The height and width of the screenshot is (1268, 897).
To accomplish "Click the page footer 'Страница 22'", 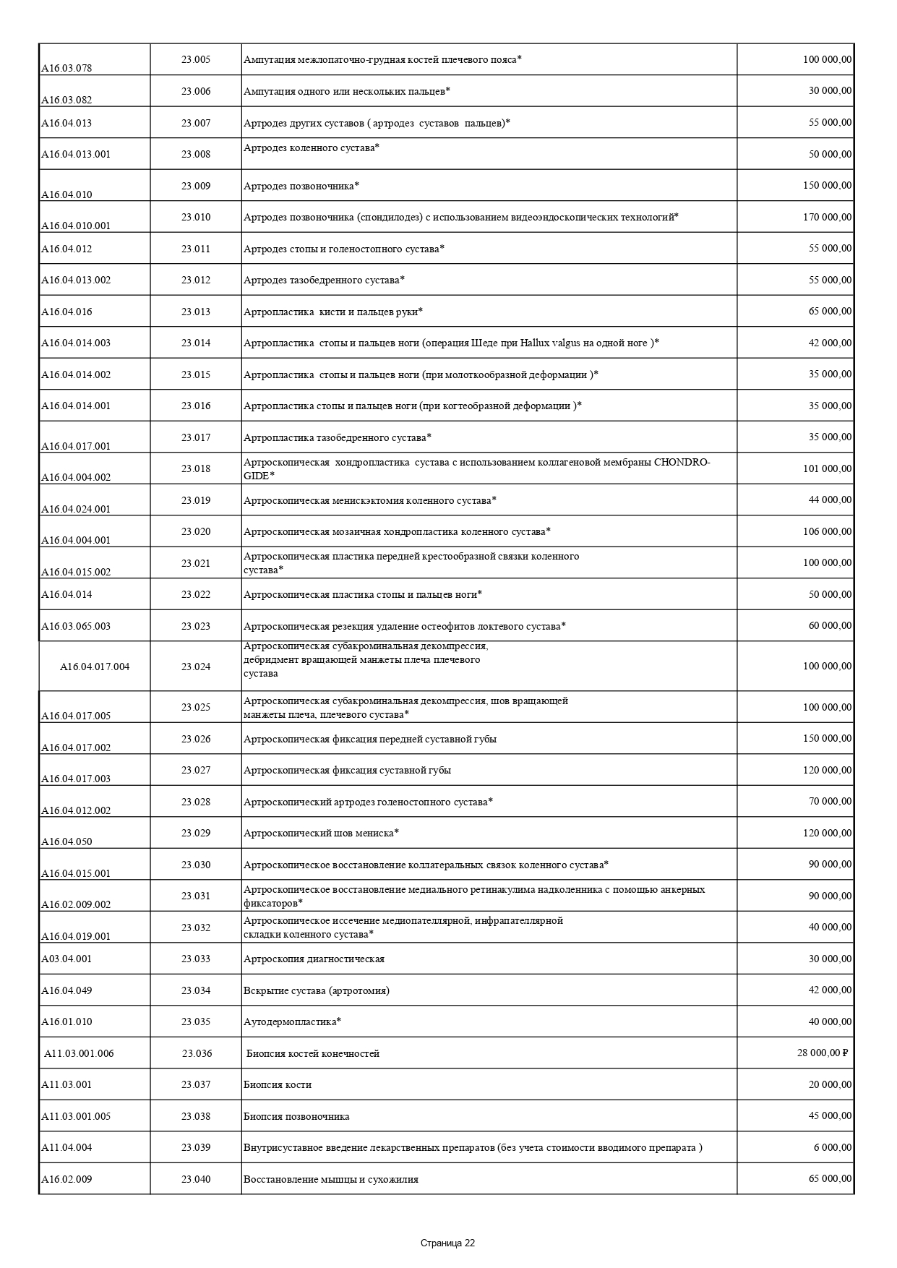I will pyautogui.click(x=447, y=1243).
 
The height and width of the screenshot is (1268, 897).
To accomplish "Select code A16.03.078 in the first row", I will pyautogui.click(x=66, y=69).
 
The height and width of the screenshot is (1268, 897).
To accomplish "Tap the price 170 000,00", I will pyautogui.click(x=827, y=217).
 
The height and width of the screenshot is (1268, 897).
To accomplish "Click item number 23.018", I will pyautogui.click(x=196, y=468).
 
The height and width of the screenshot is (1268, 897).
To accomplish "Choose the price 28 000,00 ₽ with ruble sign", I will pyautogui.click(x=822, y=1053).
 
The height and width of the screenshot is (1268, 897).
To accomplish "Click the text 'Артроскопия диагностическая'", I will pyautogui.click(x=314, y=959).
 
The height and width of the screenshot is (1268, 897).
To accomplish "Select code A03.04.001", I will pyautogui.click(x=66, y=959).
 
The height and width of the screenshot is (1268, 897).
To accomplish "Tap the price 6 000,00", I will pyautogui.click(x=833, y=1147).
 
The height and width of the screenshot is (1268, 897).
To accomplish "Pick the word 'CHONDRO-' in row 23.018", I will pyautogui.click(x=682, y=462).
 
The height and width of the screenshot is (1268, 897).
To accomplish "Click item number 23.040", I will pyautogui.click(x=196, y=1179).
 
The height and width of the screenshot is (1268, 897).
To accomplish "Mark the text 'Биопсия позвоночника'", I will pyautogui.click(x=296, y=1116).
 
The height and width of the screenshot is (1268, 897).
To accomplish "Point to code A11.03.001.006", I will pyautogui.click(x=79, y=1053).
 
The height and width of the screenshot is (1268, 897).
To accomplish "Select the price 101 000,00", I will pyautogui.click(x=827, y=468).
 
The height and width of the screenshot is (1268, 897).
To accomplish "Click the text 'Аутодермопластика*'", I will pyautogui.click(x=292, y=1021).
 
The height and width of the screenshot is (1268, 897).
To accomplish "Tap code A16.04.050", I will pyautogui.click(x=66, y=841).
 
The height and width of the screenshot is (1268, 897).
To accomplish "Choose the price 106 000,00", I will pyautogui.click(x=827, y=531).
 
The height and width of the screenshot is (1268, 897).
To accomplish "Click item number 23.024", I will pyautogui.click(x=196, y=667).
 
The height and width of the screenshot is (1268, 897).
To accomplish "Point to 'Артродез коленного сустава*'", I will pyautogui.click(x=312, y=147).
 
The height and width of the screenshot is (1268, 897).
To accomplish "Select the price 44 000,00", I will pyautogui.click(x=830, y=500).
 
